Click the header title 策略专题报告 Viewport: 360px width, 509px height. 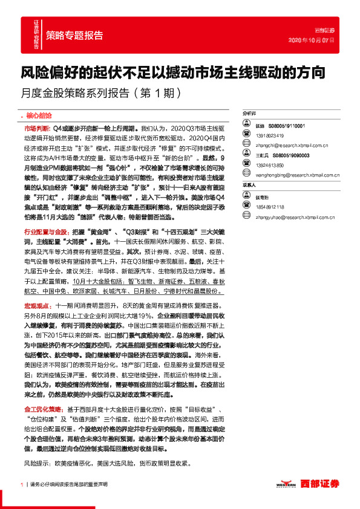tap(74, 34)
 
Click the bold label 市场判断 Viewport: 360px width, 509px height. tap(37, 129)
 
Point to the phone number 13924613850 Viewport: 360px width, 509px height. tap(270, 164)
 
